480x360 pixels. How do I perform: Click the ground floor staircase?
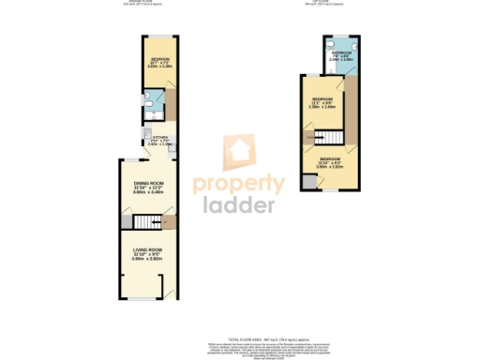point(145,222)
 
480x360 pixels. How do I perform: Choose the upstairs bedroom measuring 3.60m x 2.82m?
point(330,165)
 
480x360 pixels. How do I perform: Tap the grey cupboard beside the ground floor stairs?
point(125,222)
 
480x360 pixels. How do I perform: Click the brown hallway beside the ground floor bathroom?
point(172,103)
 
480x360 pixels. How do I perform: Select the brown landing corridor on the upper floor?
point(351,103)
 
